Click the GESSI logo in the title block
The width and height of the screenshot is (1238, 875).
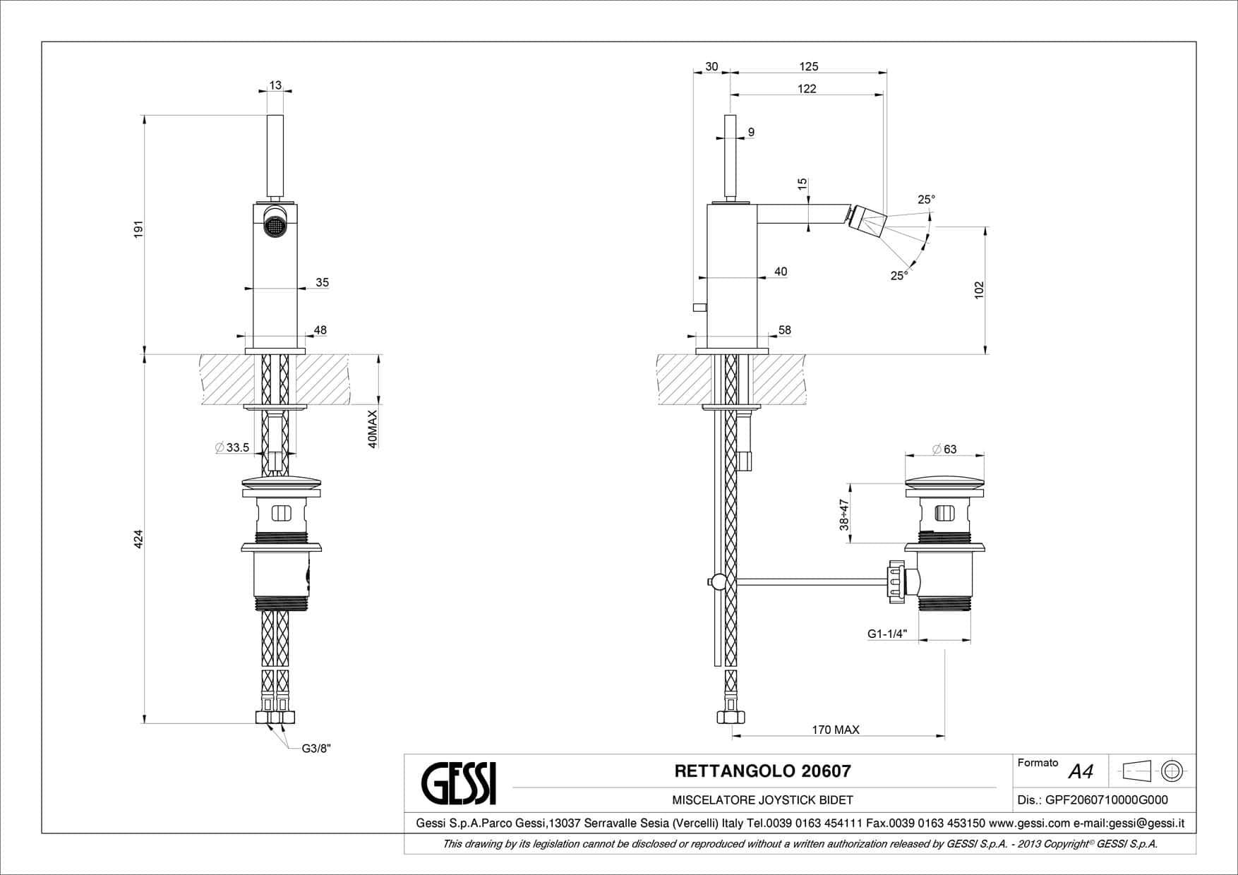click(459, 783)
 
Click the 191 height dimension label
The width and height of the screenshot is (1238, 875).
click(138, 229)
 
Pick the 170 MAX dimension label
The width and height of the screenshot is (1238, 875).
click(836, 730)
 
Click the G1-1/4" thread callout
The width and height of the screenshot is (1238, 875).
click(887, 634)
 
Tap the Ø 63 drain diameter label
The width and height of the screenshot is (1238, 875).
click(944, 449)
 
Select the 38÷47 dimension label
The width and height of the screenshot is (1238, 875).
click(844, 515)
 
